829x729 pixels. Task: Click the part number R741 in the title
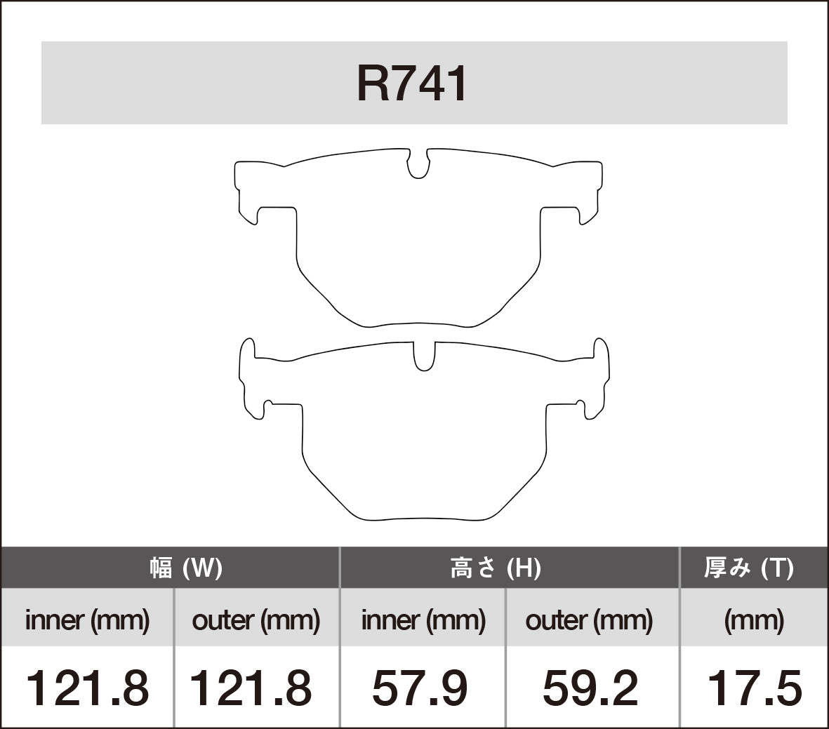click(413, 84)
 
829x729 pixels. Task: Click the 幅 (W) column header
click(186, 568)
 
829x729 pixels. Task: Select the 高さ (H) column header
click(496, 568)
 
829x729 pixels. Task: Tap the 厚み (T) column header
click(749, 568)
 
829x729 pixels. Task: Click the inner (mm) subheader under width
click(87, 620)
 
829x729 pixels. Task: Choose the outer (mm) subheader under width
click(256, 620)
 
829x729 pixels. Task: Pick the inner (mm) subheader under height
click(423, 620)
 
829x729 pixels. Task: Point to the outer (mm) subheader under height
click(589, 620)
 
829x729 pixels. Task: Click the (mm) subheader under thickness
click(754, 620)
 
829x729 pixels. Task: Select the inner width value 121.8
click(87, 688)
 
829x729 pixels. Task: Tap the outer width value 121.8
click(251, 688)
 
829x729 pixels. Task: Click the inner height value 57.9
click(420, 688)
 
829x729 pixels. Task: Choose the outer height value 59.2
click(590, 688)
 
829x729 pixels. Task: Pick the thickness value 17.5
click(754, 688)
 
